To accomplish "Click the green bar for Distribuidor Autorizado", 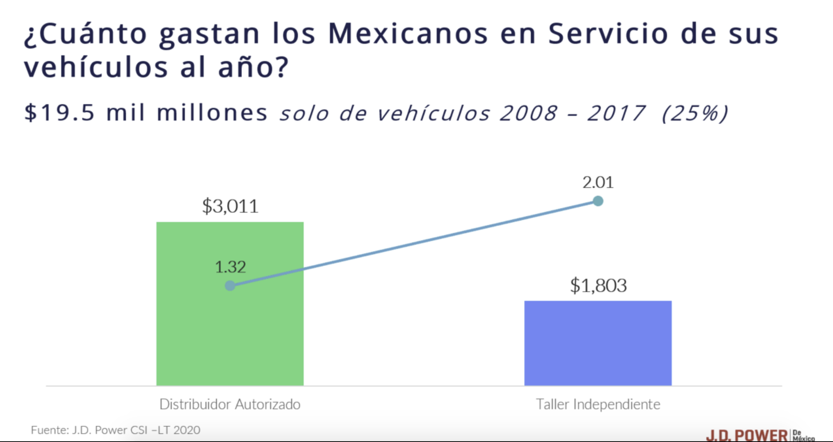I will [230, 328].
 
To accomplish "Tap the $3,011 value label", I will [230, 206].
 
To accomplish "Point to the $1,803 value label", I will [598, 285].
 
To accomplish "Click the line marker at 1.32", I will [230, 286].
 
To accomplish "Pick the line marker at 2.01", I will [598, 201].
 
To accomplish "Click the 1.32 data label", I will [230, 267].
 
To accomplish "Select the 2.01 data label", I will [598, 182].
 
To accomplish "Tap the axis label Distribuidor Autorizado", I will [230, 404].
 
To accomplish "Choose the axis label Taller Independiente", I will [598, 404].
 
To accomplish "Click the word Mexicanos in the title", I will [408, 33].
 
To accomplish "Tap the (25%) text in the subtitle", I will [695, 113].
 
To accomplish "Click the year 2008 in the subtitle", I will [528, 113].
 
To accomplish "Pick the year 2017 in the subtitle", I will [616, 113].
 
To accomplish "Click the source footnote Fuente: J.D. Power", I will [115, 430].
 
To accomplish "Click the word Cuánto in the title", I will [86, 33].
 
